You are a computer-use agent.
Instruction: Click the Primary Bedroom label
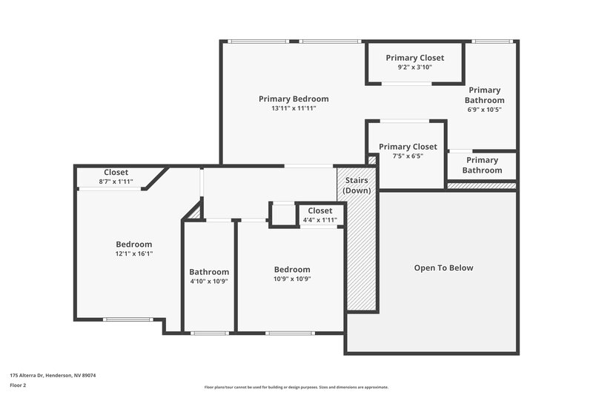pyautogui.click(x=294, y=99)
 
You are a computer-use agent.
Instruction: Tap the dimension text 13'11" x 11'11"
pyautogui.click(x=294, y=109)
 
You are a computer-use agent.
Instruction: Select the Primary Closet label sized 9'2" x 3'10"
pyautogui.click(x=415, y=58)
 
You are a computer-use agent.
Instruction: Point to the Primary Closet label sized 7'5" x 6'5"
pyautogui.click(x=408, y=147)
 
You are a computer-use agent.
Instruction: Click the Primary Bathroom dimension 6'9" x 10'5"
pyautogui.click(x=485, y=110)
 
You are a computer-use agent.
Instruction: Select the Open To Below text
pyautogui.click(x=443, y=268)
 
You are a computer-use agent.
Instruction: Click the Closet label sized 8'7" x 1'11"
pyautogui.click(x=116, y=172)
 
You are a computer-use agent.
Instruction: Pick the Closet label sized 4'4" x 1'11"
pyautogui.click(x=320, y=210)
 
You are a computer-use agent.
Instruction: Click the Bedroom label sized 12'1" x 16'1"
pyautogui.click(x=134, y=245)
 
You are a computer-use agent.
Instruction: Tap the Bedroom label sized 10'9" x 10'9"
pyautogui.click(x=292, y=270)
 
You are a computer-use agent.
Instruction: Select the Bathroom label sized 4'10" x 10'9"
pyautogui.click(x=209, y=272)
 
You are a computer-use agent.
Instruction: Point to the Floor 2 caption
pyautogui.click(x=19, y=385)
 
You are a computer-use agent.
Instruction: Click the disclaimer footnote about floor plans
pyautogui.click(x=296, y=387)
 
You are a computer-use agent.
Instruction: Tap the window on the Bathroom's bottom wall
pyautogui.click(x=209, y=333)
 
